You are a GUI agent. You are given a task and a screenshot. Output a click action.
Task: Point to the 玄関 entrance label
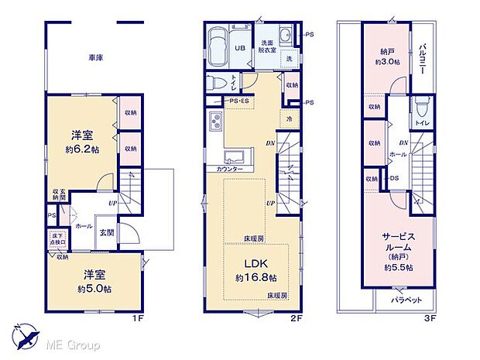[x=106, y=232]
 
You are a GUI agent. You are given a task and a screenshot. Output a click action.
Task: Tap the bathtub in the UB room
[x=218, y=39]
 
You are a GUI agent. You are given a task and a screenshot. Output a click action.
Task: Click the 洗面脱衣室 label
[x=268, y=46]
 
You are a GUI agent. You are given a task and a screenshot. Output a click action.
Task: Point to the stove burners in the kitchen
[x=214, y=121]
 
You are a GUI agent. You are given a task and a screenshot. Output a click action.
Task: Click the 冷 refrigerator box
[x=290, y=119]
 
